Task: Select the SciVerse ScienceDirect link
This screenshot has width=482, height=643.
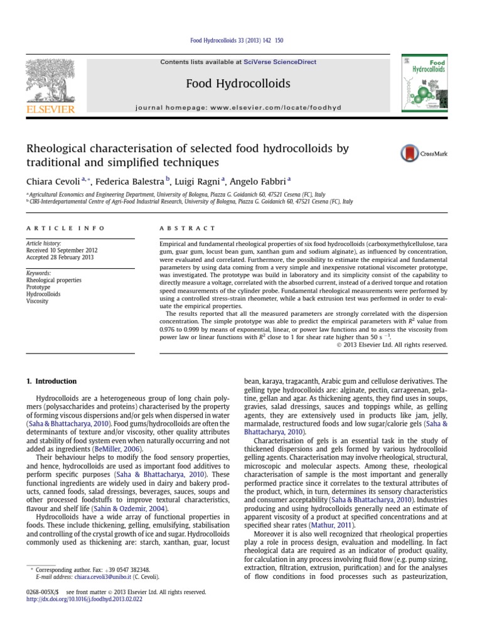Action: tap(281, 62)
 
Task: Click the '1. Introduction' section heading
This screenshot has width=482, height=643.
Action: tap(51, 381)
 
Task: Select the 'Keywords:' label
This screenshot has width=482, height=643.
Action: tap(38, 273)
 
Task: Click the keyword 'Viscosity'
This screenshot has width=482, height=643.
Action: tap(38, 301)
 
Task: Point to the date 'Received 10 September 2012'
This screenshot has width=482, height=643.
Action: tap(62, 250)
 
